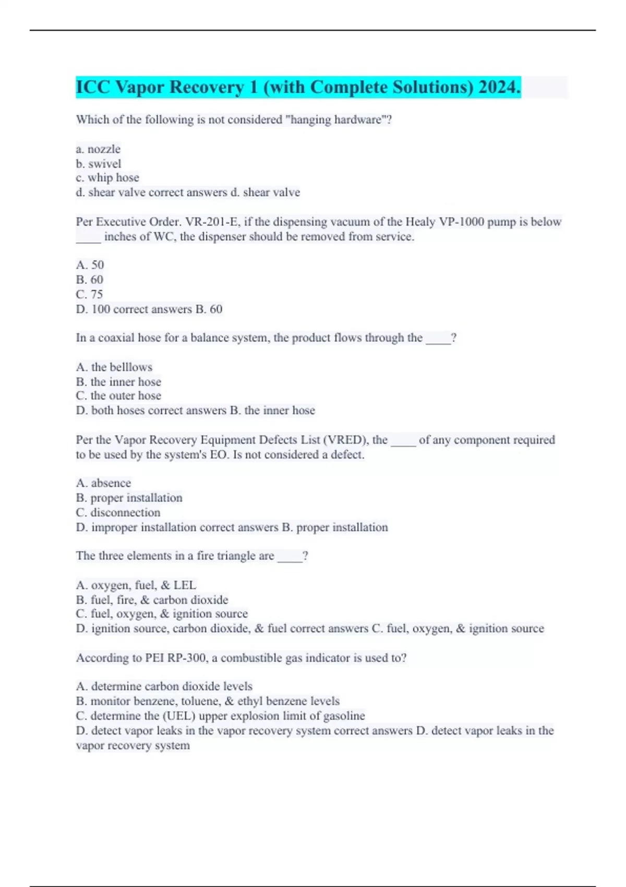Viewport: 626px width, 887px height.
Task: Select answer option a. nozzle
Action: pos(98,149)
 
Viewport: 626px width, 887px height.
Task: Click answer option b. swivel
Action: pos(99,164)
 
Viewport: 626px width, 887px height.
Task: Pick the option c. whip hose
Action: pos(107,178)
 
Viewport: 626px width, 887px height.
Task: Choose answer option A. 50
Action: pos(90,265)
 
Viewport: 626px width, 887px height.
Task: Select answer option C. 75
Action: pos(89,294)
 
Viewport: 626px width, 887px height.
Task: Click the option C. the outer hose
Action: pos(118,396)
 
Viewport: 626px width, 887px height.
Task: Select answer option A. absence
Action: pos(103,483)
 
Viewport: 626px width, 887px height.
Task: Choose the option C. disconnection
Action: pos(118,512)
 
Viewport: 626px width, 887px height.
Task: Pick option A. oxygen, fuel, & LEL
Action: pos(136,585)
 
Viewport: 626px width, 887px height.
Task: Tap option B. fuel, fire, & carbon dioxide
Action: pos(152,600)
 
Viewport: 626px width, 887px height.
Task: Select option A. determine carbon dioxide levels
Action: pos(164,687)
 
